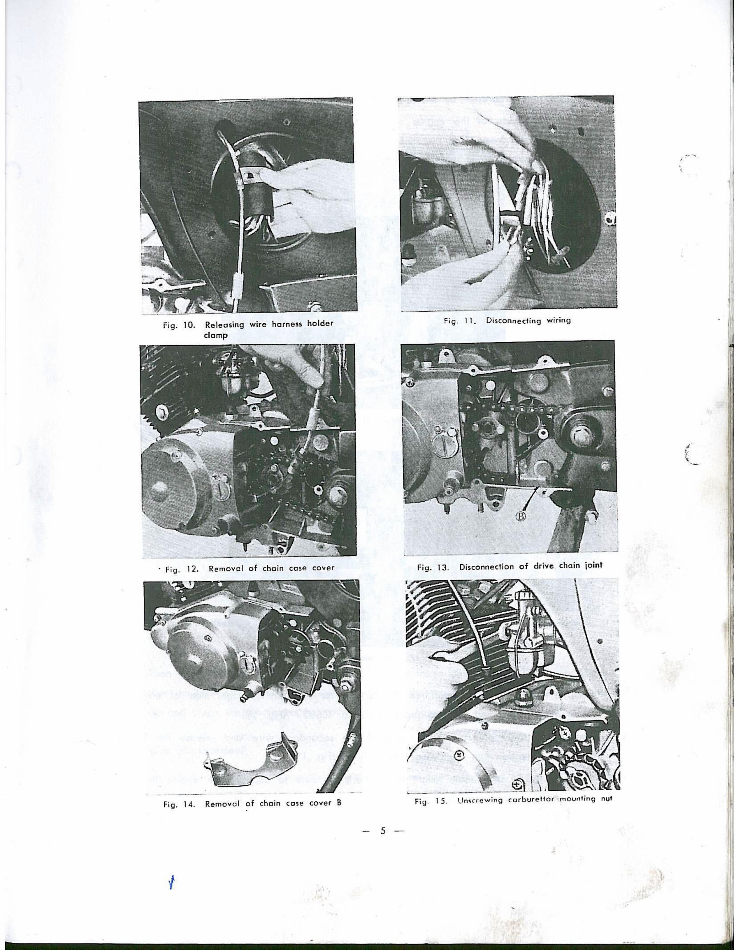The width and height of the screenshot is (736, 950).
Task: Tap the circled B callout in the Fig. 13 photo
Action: click(x=521, y=516)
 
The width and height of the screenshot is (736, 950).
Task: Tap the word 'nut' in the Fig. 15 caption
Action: click(x=608, y=799)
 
